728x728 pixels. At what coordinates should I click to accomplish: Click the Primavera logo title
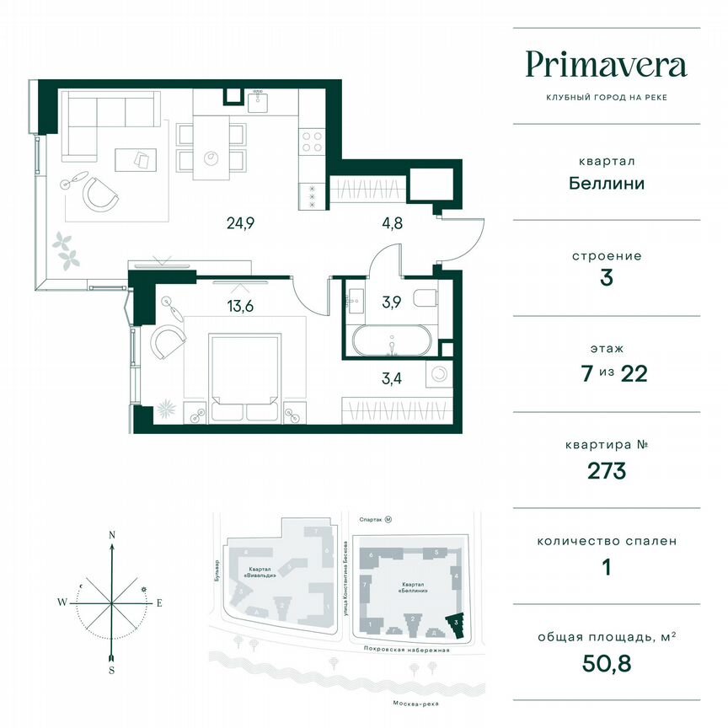tap(606, 65)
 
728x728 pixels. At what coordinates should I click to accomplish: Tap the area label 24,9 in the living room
tap(240, 223)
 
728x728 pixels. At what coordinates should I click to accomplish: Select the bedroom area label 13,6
tap(239, 306)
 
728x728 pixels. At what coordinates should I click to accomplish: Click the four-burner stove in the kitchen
tap(312, 140)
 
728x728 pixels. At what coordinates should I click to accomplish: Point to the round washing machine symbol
tap(437, 375)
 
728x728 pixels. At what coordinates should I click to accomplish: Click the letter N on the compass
tap(111, 534)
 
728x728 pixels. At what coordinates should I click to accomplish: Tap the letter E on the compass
tap(158, 602)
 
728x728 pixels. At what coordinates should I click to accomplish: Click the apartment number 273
tap(606, 470)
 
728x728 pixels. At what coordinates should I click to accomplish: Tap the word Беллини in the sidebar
tap(606, 182)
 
